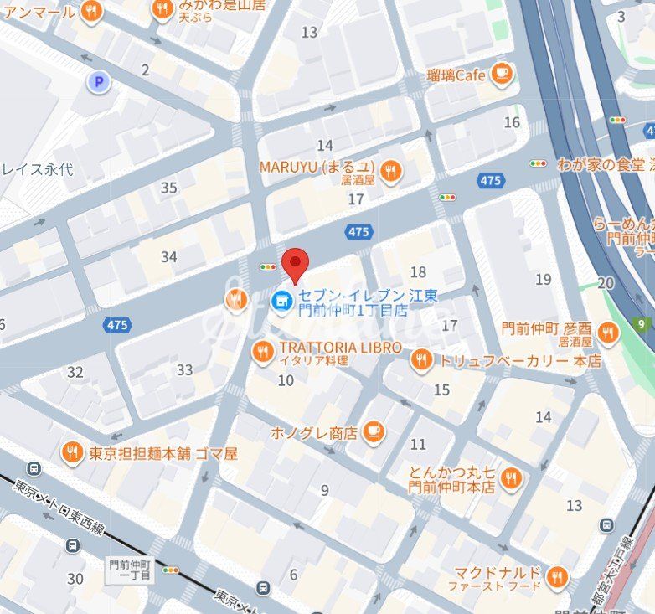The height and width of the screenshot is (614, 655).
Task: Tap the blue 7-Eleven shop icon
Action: (283, 298)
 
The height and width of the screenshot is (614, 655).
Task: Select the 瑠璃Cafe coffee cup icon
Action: (502, 75)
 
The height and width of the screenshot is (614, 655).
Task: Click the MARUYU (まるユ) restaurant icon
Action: (389, 172)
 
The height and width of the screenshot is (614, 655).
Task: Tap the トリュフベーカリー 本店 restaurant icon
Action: (421, 361)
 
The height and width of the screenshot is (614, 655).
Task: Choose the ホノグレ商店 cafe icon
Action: (374, 432)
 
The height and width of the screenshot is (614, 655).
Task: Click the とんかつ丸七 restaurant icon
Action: (511, 478)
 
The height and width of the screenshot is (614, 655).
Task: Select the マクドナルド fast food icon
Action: (556, 577)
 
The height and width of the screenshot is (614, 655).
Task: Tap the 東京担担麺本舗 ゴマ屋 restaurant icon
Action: (73, 453)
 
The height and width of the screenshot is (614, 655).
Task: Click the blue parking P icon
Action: (99, 81)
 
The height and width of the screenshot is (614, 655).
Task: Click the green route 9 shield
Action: (642, 324)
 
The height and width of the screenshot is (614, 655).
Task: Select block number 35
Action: (169, 188)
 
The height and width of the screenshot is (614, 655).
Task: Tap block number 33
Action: (184, 369)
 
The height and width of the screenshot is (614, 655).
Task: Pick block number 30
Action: (75, 578)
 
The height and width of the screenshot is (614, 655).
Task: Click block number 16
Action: (512, 122)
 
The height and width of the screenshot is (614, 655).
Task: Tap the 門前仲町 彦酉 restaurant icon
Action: (607, 334)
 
